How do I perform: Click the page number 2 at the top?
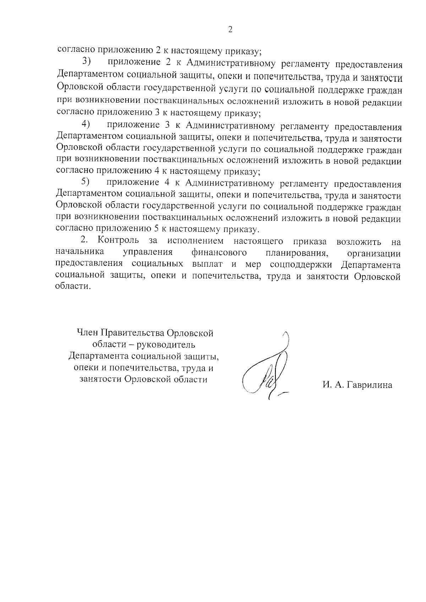point(230,29)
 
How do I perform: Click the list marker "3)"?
point(87,61)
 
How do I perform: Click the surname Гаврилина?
point(369,385)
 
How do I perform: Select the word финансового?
point(219,252)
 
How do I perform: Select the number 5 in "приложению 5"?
point(158,229)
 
